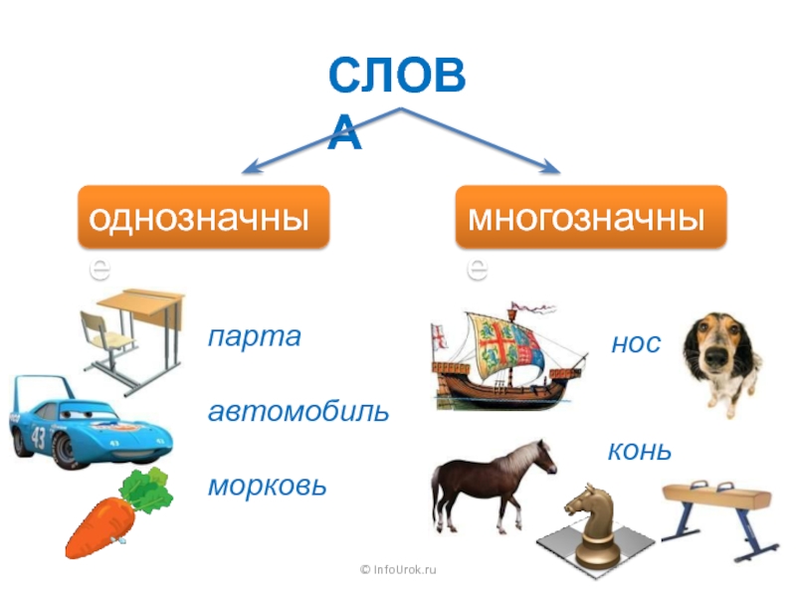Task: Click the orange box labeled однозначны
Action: tap(204, 216)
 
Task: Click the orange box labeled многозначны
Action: tap(591, 216)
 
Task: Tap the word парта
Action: tap(254, 336)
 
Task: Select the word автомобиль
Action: tap(298, 411)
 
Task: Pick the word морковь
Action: tap(267, 487)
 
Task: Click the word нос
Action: tap(635, 344)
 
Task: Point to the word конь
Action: tap(640, 452)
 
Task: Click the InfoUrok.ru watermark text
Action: tap(398, 569)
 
